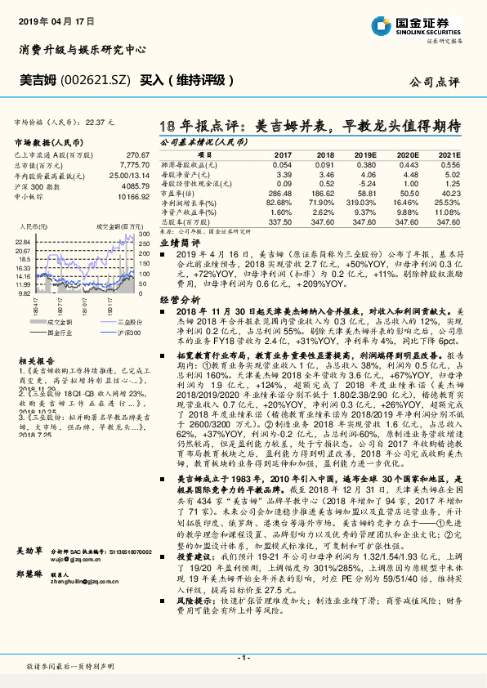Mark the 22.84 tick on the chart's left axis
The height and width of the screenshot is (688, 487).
23,242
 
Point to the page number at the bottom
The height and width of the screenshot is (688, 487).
243,658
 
